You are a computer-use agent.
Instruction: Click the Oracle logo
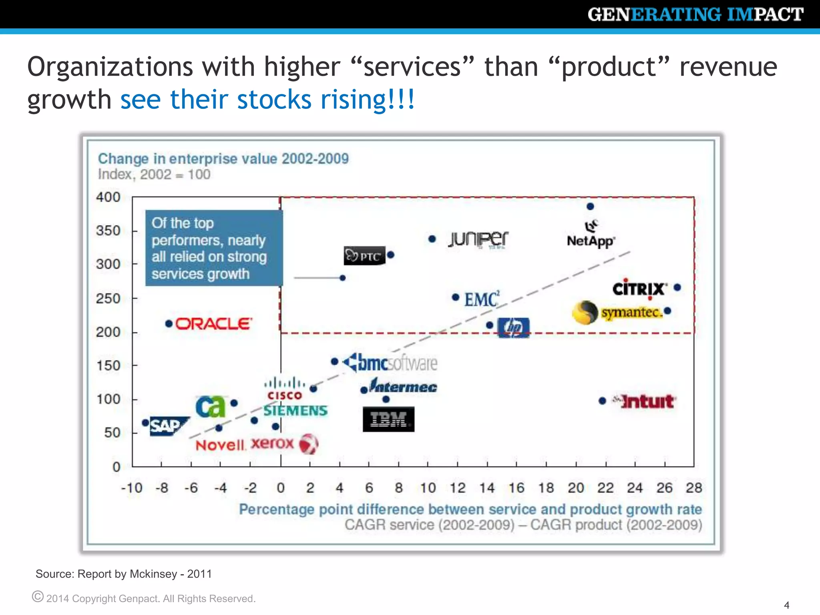(213, 324)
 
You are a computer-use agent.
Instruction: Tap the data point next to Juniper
(432, 239)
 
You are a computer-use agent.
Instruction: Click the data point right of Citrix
(677, 287)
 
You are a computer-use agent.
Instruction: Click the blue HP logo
(513, 328)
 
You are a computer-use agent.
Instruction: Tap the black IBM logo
(388, 419)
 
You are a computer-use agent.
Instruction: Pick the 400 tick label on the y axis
(108, 197)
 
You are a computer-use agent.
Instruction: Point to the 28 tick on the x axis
(694, 488)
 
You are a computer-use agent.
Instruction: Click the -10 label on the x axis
(132, 488)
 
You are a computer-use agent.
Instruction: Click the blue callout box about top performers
(213, 248)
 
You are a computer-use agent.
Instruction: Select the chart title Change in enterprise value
(223, 159)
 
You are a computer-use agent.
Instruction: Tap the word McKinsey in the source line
(153, 574)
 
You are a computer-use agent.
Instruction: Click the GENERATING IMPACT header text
(695, 14)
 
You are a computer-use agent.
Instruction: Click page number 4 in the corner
(786, 605)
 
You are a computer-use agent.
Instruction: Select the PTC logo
(364, 255)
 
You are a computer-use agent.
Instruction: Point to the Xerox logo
(284, 444)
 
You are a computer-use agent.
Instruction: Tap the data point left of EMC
(455, 297)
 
